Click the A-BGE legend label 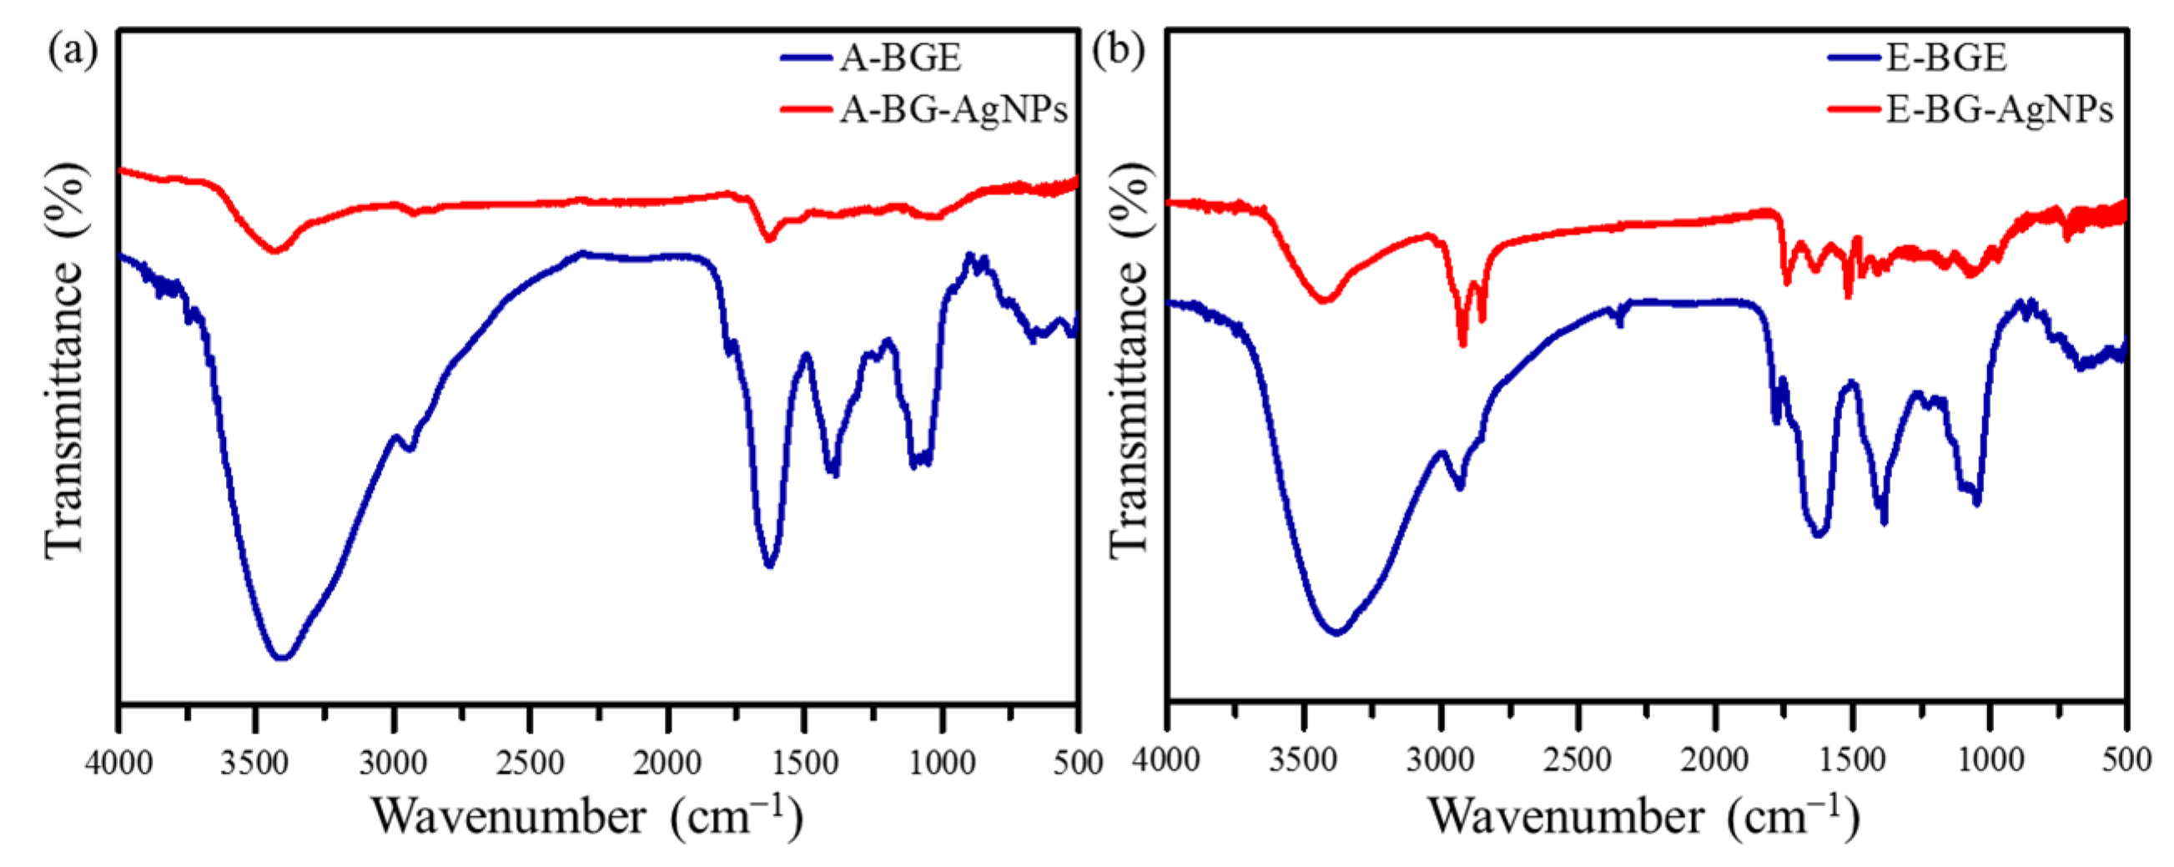tap(899, 58)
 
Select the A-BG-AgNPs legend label tap(954, 110)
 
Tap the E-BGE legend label tap(1946, 58)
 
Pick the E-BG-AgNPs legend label tap(2000, 110)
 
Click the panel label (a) tap(72, 51)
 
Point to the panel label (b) tap(1118, 51)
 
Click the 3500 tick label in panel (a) tap(255, 763)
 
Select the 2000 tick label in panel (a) tap(667, 763)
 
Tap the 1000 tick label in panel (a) tap(942, 763)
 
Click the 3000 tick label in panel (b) tap(1440, 760)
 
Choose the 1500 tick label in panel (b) tap(1852, 760)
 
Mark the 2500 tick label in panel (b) tap(1577, 760)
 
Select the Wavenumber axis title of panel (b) tap(1643, 815)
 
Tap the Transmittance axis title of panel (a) tap(66, 359)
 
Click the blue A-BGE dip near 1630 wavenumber tap(769, 565)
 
